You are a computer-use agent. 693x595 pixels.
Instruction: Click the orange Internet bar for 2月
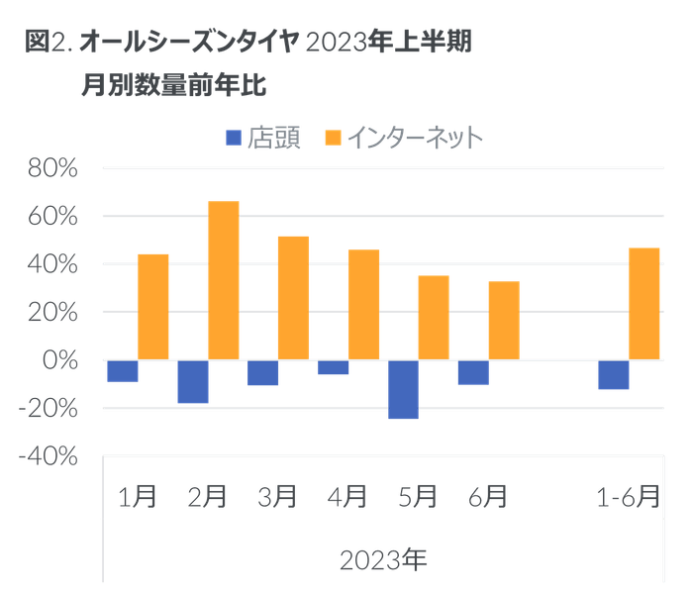pos(223,280)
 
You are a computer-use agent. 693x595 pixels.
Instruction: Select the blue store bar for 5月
pos(403,390)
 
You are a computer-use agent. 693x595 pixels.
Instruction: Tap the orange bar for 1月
pos(153,306)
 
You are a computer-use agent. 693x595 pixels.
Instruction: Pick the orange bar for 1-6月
pos(644,303)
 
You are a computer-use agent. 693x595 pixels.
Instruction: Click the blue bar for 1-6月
pos(613,374)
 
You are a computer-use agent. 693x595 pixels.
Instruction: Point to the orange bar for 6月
pos(504,320)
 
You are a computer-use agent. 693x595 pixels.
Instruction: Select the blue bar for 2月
pos(193,381)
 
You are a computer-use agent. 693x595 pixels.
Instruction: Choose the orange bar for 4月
pos(363,304)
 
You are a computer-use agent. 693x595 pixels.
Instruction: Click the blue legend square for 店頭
pos(234,140)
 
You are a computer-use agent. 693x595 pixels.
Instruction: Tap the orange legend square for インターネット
pos(332,140)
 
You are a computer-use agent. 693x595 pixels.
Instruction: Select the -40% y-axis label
pos(50,455)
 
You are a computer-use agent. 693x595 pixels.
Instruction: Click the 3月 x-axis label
pos(277,496)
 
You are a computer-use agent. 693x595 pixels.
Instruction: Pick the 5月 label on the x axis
pos(417,496)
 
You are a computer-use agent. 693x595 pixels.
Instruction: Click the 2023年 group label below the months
pos(383,560)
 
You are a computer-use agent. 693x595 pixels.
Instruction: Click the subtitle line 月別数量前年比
pos(175,87)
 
